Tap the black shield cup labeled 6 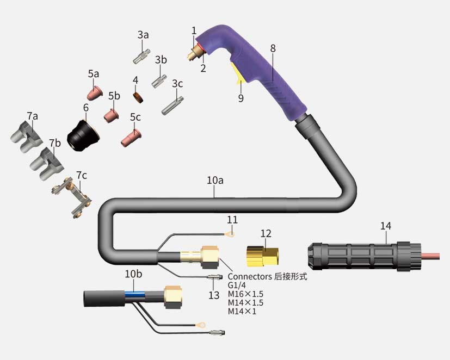pyautogui.click(x=83, y=136)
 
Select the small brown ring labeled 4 pyautogui.click(x=138, y=97)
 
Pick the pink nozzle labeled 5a pyautogui.click(x=95, y=93)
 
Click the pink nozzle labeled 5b pyautogui.click(x=112, y=115)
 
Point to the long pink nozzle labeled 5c pyautogui.click(x=131, y=138)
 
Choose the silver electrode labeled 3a pyautogui.click(x=141, y=57)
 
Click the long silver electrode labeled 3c pyautogui.click(x=172, y=105)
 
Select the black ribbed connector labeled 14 pyautogui.click(x=365, y=257)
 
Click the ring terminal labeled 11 pyautogui.click(x=231, y=234)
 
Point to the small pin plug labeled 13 pyautogui.click(x=215, y=277)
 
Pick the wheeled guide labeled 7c pyautogui.click(x=72, y=198)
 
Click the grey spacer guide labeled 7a pyautogui.click(x=27, y=136)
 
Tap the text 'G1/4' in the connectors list pyautogui.click(x=237, y=285)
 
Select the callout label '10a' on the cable pyautogui.click(x=215, y=180)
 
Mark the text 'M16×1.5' pyautogui.click(x=245, y=294)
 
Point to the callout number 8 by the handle pyautogui.click(x=273, y=48)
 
